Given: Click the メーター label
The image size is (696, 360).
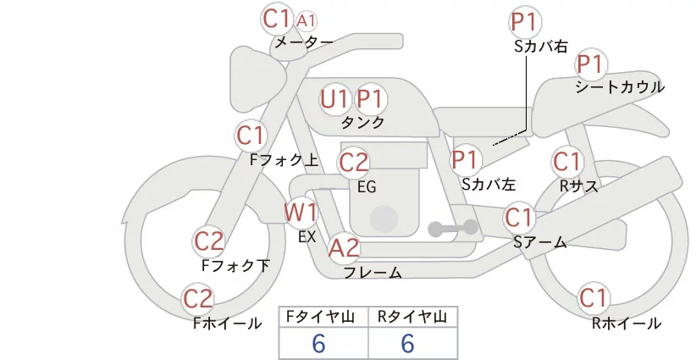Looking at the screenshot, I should (x=302, y=42).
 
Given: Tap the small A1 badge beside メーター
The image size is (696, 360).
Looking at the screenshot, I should (x=309, y=19).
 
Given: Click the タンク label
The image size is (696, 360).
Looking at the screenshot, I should (x=362, y=122).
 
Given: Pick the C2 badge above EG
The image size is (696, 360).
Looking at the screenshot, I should (x=354, y=162).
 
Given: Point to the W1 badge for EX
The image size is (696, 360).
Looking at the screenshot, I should (x=301, y=211).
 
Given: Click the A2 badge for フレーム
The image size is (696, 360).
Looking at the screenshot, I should (x=344, y=248).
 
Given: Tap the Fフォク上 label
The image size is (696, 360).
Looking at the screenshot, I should (x=284, y=158).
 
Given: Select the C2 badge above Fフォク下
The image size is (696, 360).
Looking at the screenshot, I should (x=209, y=241).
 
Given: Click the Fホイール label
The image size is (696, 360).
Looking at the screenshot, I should (x=227, y=323).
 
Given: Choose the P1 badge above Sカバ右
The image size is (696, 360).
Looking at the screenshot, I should (x=526, y=22).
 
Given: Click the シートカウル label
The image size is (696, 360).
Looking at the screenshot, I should (x=620, y=86).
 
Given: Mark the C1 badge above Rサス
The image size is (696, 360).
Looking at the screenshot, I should (x=567, y=161).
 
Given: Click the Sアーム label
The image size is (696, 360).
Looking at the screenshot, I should (x=539, y=242).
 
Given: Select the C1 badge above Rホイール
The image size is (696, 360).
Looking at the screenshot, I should (x=594, y=298).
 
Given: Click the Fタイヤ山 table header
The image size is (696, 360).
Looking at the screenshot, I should (x=323, y=317).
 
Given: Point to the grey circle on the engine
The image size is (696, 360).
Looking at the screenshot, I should (x=385, y=218).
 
